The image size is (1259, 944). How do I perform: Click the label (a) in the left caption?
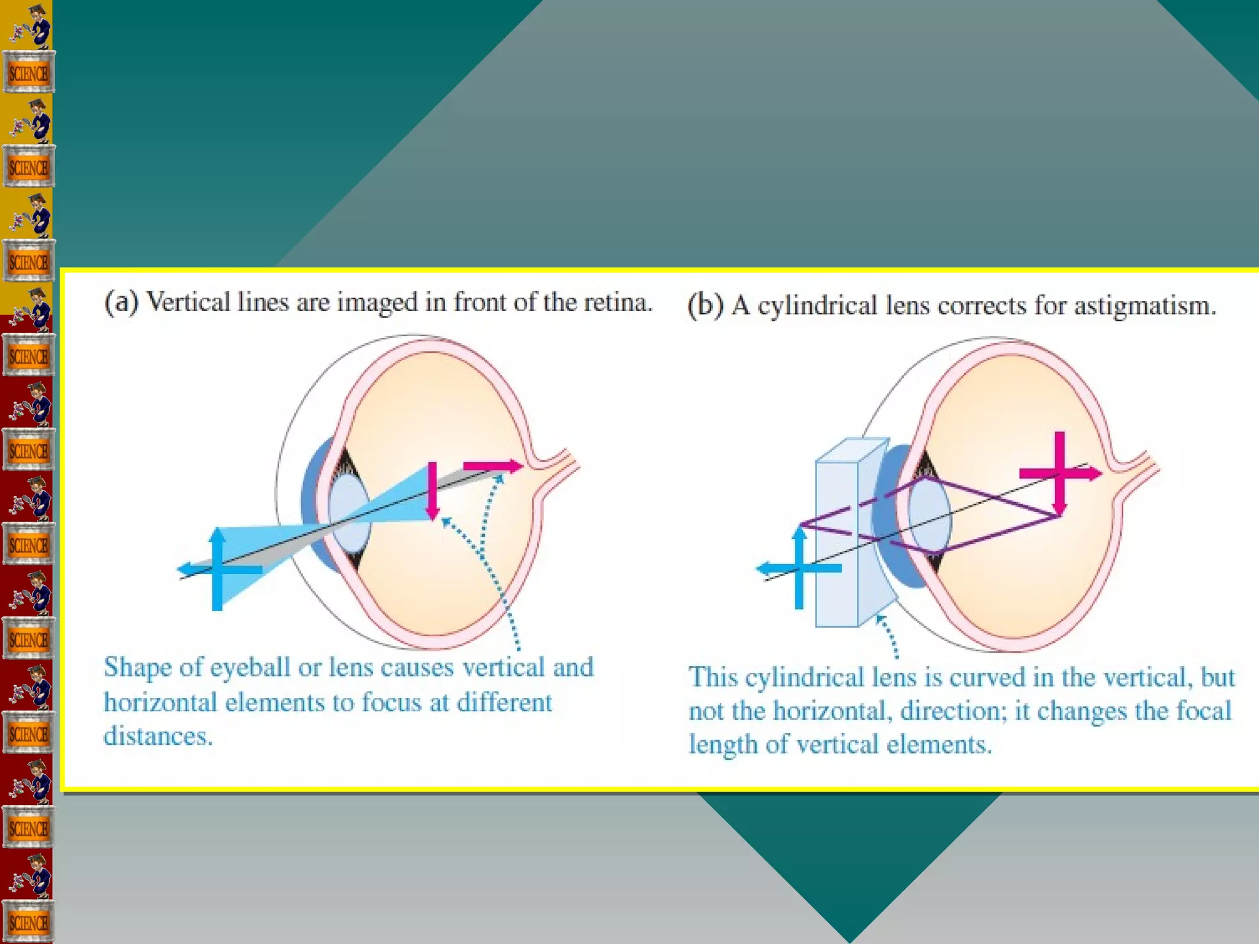[x=122, y=302]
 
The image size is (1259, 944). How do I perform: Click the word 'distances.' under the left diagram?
[x=158, y=736]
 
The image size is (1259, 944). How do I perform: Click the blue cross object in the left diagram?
[x=217, y=568]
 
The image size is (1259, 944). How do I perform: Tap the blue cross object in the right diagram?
[x=799, y=568]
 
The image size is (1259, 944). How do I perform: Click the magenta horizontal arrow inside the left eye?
[x=492, y=466]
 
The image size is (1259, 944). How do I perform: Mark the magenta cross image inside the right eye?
[x=1059, y=473]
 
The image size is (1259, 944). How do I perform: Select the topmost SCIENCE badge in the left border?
[x=28, y=73]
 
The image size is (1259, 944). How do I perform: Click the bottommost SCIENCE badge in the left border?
[x=28, y=922]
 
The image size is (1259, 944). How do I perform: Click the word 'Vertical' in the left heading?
[x=188, y=302]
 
